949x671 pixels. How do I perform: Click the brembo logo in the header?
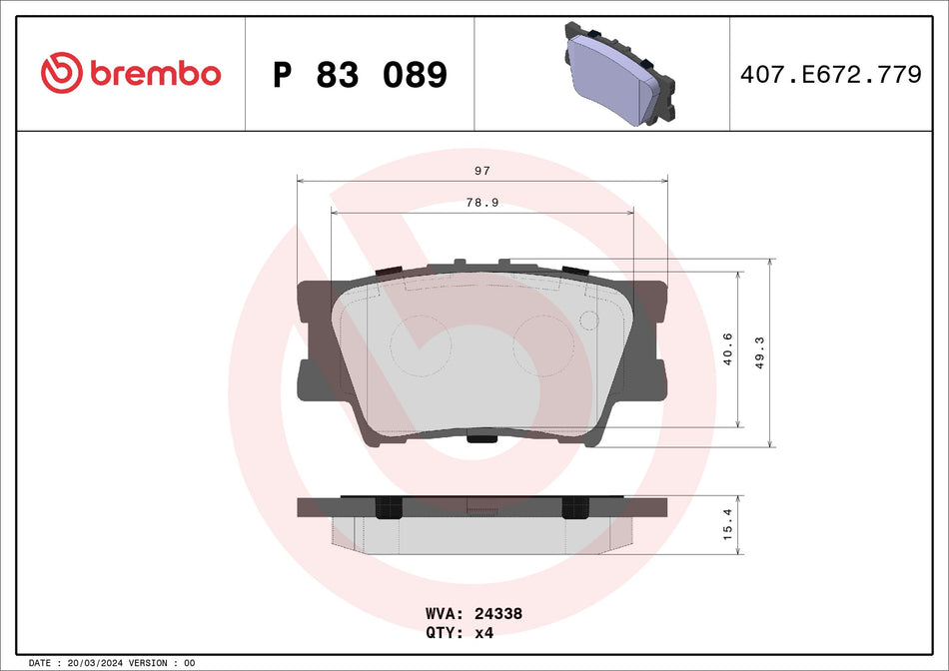click(x=131, y=73)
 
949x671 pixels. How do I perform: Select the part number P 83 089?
click(x=360, y=75)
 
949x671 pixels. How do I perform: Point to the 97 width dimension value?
click(x=482, y=172)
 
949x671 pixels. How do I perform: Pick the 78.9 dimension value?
click(x=482, y=202)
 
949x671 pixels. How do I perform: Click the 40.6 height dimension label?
click(x=728, y=348)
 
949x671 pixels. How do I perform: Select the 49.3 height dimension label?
click(x=760, y=352)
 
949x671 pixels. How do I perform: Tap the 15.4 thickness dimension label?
click(x=728, y=525)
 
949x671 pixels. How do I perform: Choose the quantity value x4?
click(x=484, y=633)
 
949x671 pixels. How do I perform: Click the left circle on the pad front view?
click(x=421, y=345)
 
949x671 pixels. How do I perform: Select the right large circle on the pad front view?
click(x=542, y=345)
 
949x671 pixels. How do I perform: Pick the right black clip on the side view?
click(x=575, y=507)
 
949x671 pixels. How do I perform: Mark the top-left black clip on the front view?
click(x=387, y=272)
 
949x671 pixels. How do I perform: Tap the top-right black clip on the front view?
click(x=574, y=272)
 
